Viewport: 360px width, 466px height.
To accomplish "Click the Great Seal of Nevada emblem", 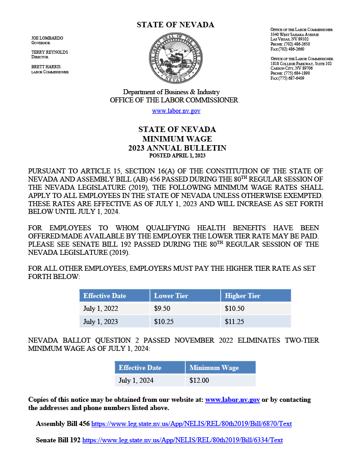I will (x=175, y=58).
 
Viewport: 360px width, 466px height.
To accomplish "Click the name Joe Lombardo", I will (x=47, y=38).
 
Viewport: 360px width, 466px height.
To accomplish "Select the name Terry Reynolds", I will (x=50, y=52).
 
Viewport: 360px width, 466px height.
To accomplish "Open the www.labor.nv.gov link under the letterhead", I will (x=176, y=111).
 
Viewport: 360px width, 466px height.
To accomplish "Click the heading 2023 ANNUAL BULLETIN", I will (x=177, y=148).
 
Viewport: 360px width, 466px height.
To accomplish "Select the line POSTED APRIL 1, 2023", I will (x=177, y=156).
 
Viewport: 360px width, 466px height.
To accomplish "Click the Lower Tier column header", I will (x=171, y=296).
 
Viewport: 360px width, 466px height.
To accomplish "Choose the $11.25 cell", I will (x=234, y=321).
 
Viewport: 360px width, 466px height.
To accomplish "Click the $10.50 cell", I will (x=234, y=309).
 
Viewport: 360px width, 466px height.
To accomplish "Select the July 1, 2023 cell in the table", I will (x=101, y=321).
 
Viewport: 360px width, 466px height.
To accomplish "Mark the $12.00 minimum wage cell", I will (x=199, y=380).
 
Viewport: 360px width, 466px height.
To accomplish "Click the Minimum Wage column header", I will (x=214, y=368).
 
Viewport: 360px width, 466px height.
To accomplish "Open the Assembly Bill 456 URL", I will (x=191, y=424).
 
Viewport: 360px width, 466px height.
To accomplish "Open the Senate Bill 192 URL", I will (x=182, y=440).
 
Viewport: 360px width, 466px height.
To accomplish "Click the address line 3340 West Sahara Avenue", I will (x=294, y=35).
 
